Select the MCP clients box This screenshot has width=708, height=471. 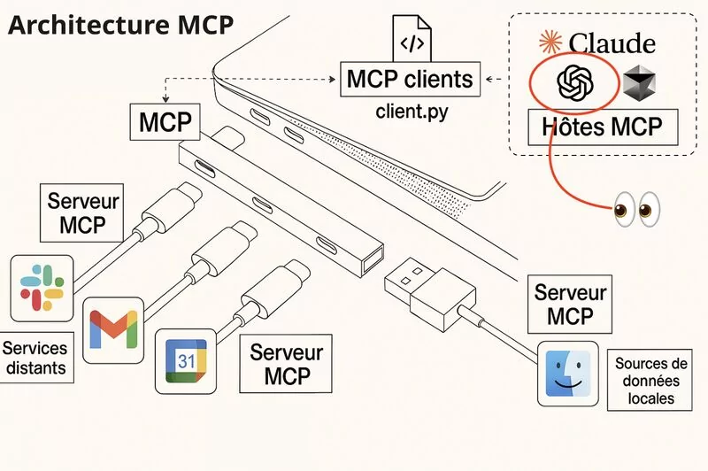coord(411,80)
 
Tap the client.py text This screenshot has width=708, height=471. coord(411,112)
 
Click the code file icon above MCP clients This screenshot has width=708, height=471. coord(412,41)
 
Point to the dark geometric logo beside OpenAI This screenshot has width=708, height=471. coord(641,84)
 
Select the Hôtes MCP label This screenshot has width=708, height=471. coord(601,127)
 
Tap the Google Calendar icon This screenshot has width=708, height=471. coord(186,360)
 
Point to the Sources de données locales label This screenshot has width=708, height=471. coord(651,381)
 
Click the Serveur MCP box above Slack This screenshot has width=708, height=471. coord(83,212)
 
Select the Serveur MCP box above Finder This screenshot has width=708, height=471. coord(571,303)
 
